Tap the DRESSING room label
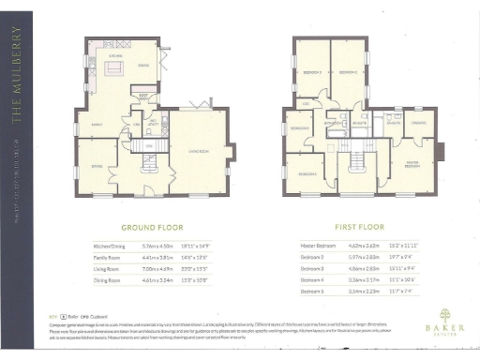point(419,124)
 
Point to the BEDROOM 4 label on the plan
point(299,127)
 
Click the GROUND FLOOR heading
point(150,227)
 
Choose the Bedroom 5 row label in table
point(313,292)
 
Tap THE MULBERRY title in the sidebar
point(16,75)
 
